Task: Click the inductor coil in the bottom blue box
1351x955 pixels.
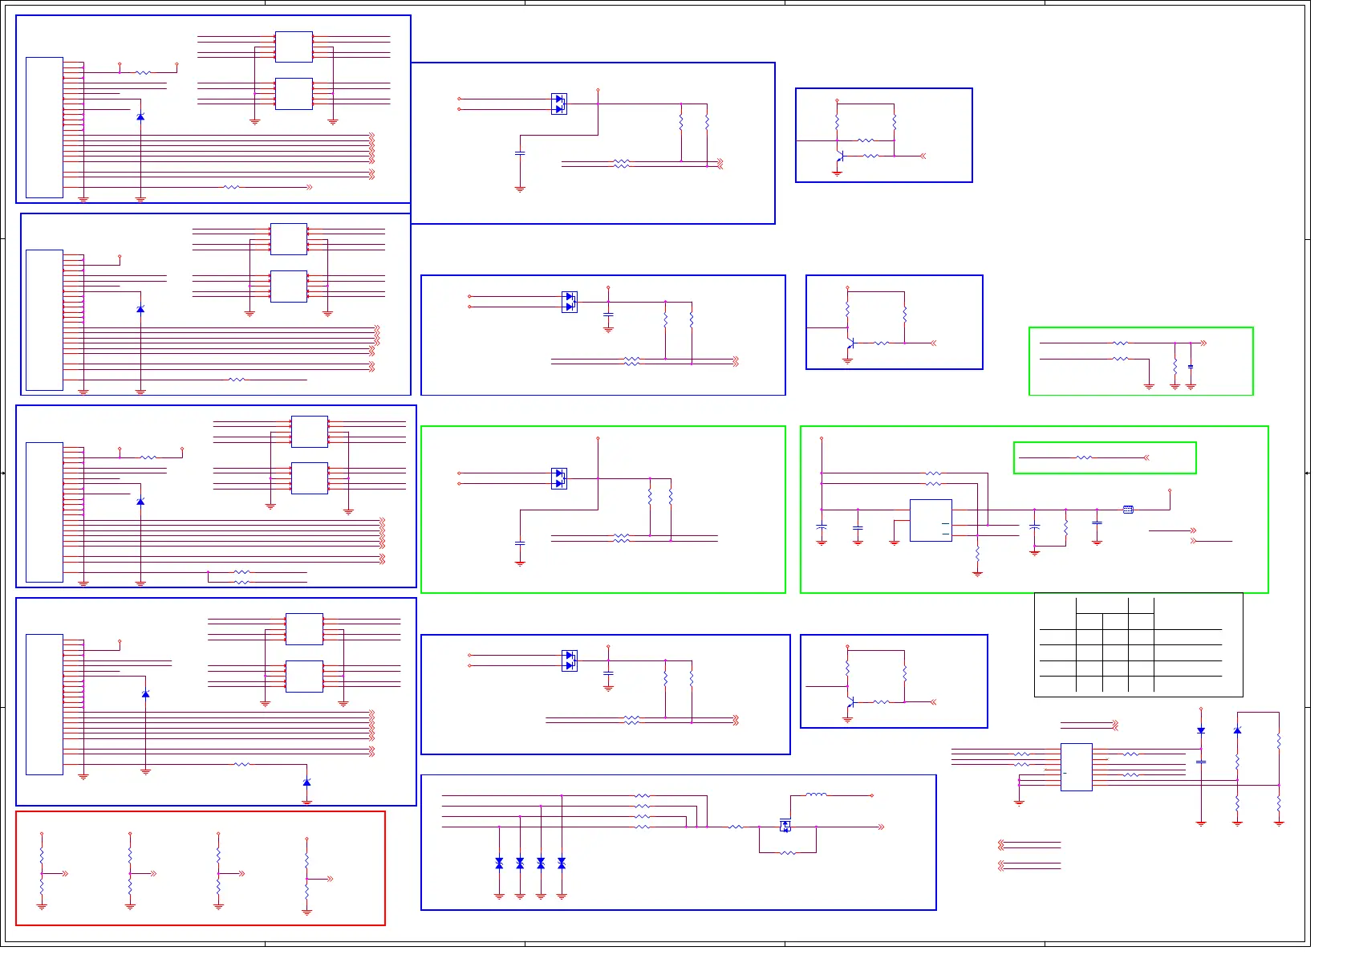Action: [x=816, y=794]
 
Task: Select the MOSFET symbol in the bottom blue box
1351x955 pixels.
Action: [x=785, y=825]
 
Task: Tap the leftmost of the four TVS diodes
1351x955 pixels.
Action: [x=499, y=864]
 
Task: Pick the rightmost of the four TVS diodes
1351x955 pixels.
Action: [x=562, y=864]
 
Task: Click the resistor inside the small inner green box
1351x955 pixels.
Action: [x=1084, y=457]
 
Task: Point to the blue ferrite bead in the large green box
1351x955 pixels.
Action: [x=1128, y=510]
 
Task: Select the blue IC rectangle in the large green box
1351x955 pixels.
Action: [x=931, y=520]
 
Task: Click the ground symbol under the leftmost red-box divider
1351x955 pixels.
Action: [x=42, y=906]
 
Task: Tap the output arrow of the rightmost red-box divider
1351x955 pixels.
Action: [x=329, y=879]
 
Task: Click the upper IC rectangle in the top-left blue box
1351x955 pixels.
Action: [x=294, y=47]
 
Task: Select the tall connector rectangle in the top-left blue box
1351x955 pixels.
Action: [x=44, y=127]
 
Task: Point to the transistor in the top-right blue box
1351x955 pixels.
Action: [x=839, y=156]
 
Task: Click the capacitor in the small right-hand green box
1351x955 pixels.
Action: [x=1191, y=367]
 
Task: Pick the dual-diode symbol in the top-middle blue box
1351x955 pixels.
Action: [x=559, y=104]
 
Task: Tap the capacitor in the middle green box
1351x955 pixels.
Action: [x=520, y=543]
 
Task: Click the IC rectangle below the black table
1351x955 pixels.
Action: [x=1076, y=766]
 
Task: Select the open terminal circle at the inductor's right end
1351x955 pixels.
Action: [x=872, y=795]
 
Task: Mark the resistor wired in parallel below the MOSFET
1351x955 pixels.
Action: [x=788, y=852]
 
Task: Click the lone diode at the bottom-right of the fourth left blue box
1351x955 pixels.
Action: [x=306, y=782]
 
